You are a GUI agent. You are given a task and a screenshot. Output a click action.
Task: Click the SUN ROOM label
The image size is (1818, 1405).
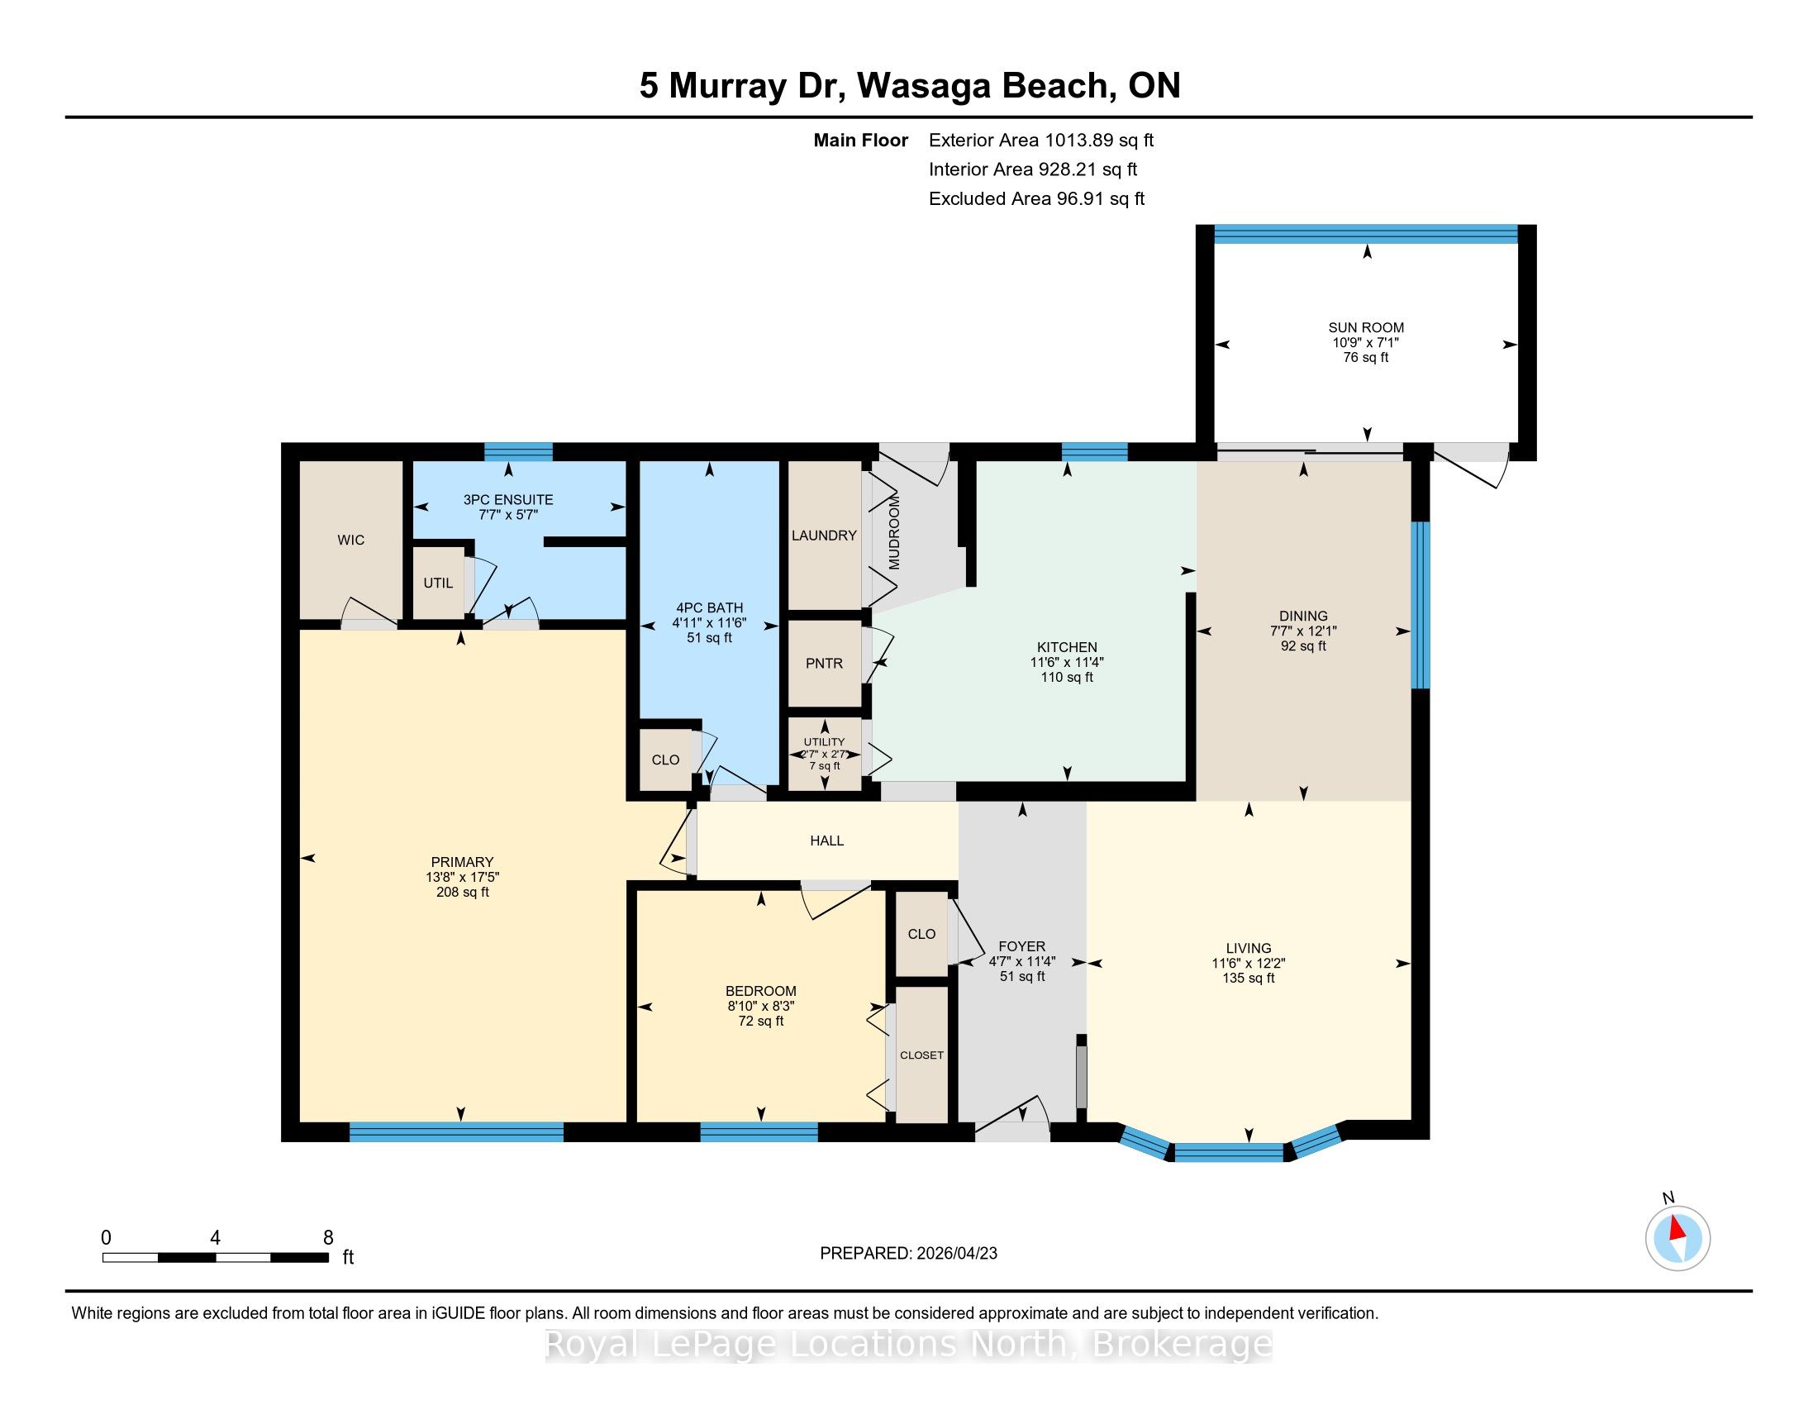pos(1366,328)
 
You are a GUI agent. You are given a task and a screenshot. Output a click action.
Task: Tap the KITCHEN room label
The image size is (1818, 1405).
pos(1066,647)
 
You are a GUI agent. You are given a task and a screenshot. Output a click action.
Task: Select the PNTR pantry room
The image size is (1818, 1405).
pos(824,664)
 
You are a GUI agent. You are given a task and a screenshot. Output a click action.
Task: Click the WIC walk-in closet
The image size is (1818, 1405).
pos(350,541)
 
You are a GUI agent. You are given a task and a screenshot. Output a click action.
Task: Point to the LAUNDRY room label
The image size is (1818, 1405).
pos(824,536)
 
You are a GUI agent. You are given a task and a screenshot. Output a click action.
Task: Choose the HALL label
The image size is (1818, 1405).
pos(826,841)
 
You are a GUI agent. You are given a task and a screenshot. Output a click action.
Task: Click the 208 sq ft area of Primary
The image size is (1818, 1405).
pos(462,893)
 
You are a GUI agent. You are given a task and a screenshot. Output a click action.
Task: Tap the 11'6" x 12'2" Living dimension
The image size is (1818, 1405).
pos(1248,963)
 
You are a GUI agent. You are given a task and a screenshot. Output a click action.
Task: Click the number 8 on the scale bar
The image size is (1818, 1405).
pos(329,1238)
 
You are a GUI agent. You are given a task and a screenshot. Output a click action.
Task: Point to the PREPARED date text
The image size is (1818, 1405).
pos(908,1254)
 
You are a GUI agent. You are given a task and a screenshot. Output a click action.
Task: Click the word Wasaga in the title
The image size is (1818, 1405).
pos(923,86)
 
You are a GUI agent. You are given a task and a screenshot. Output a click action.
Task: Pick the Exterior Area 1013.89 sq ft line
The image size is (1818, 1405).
pos(1041,140)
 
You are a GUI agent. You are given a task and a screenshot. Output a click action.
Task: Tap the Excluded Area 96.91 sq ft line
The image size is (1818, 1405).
pos(1036,199)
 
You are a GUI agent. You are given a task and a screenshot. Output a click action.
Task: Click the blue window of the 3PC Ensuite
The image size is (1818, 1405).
pos(519,452)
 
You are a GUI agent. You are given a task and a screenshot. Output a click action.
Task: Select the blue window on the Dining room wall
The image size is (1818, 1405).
pos(1421,605)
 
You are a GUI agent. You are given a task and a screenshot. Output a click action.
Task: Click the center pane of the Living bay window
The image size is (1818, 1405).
pos(1229,1153)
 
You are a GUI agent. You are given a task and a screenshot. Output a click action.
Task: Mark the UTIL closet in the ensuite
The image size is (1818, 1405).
pos(439,583)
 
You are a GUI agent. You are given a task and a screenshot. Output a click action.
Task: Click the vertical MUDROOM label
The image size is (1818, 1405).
pos(894,533)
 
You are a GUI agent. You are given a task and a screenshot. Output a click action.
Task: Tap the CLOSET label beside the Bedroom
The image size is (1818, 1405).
pos(921,1055)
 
